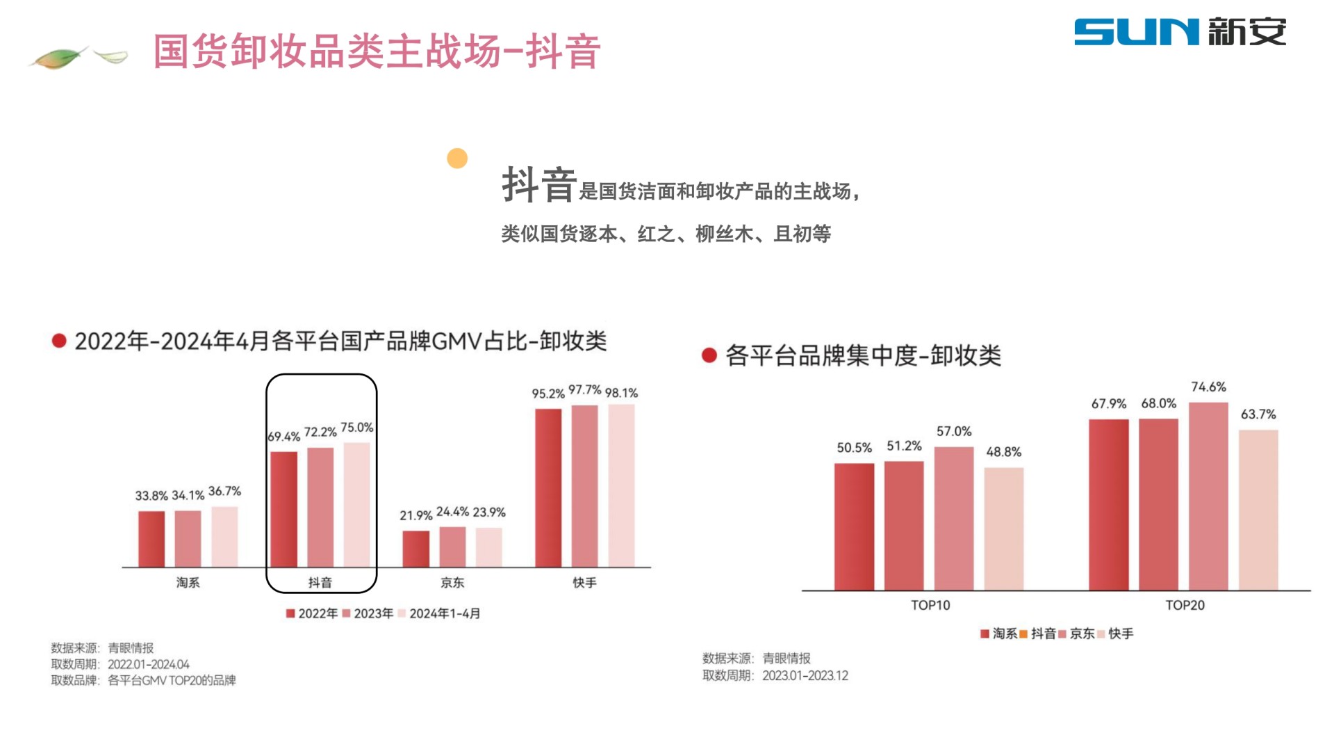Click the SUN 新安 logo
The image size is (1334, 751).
click(1180, 32)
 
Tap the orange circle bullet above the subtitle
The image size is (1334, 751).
click(457, 159)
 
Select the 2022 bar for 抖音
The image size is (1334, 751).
click(283, 509)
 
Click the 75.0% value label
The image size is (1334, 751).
click(356, 428)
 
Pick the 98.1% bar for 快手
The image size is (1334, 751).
click(621, 485)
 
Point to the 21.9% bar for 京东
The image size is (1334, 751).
click(415, 549)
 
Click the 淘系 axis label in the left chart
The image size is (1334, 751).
click(188, 583)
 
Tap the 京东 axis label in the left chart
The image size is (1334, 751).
click(452, 583)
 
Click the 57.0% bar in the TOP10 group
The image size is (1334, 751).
click(954, 519)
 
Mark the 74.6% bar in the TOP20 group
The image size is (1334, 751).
click(1208, 496)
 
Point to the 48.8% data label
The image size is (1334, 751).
click(1004, 452)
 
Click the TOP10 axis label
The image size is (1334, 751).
click(930, 606)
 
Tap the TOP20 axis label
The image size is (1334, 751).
click(1185, 606)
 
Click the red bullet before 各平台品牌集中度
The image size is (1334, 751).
click(709, 356)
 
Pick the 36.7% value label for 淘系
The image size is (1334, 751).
click(224, 492)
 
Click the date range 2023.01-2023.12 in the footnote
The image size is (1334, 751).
click(805, 676)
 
